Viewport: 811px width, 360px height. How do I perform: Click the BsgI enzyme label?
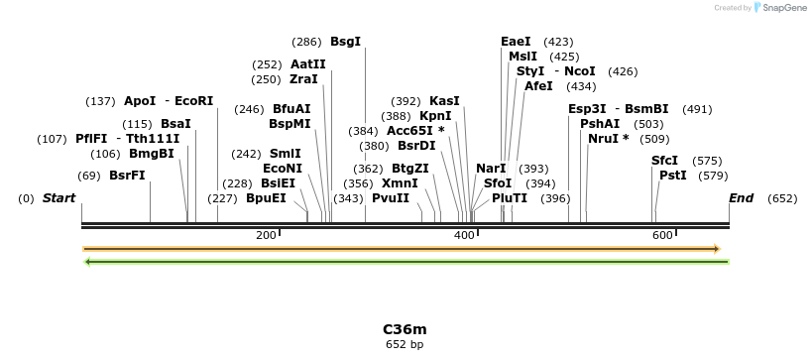[x=345, y=42]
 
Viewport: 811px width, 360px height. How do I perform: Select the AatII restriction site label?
[x=307, y=64]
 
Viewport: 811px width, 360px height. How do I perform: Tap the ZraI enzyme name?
[x=303, y=79]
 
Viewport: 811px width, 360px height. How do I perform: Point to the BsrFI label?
[x=127, y=176]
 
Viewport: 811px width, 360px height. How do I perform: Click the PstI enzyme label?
[x=672, y=176]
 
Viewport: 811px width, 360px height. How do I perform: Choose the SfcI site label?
[x=664, y=161]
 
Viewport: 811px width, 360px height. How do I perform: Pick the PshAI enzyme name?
[x=600, y=124]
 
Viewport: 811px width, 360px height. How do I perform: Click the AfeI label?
[x=538, y=86]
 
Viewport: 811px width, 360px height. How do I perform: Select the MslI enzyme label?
[x=522, y=57]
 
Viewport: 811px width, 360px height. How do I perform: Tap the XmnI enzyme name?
[x=400, y=183]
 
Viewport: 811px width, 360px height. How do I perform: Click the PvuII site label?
[x=390, y=198]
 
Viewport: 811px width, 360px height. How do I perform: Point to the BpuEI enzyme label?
[x=266, y=198]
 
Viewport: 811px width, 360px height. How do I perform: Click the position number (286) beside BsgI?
[x=306, y=42]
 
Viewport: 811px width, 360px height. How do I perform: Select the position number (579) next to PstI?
[x=713, y=176]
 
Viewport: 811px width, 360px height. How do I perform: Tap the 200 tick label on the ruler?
[x=265, y=235]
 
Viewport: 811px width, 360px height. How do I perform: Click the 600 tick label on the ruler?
[x=661, y=235]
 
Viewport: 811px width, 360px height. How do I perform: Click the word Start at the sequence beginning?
[x=58, y=198]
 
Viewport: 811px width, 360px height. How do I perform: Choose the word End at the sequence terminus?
[x=741, y=198]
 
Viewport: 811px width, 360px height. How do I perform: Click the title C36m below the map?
[x=405, y=329]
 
